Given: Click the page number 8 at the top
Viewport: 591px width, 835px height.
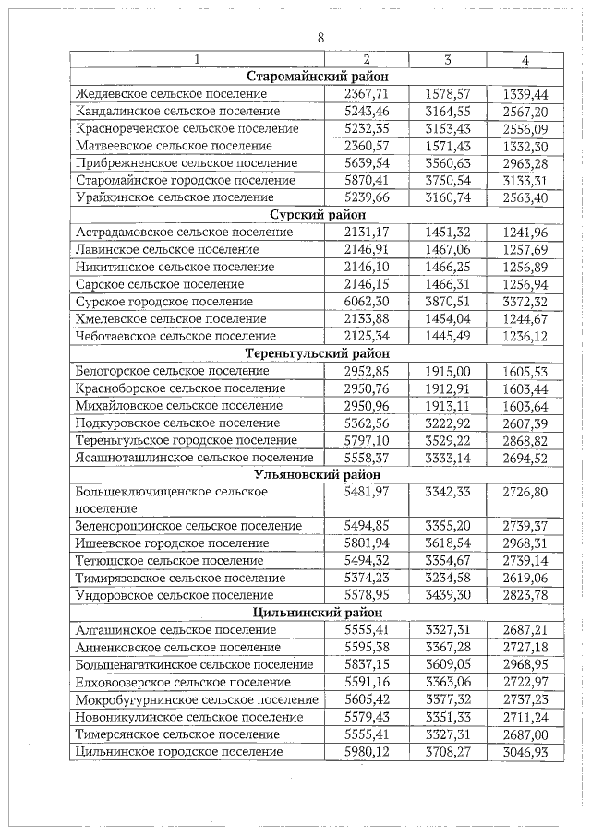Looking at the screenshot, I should [x=320, y=38].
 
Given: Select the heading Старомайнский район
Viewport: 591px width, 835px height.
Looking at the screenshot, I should [x=318, y=77].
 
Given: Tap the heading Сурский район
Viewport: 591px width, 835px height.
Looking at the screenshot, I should [x=318, y=214].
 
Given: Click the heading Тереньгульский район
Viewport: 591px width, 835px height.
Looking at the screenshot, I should [x=318, y=352].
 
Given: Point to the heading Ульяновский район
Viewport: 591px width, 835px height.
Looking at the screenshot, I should [x=318, y=473].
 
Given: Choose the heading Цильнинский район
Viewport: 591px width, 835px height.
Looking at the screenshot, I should [x=318, y=612].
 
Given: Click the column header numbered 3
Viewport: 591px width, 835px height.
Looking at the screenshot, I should [x=447, y=60].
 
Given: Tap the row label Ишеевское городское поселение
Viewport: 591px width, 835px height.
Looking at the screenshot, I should [x=171, y=543].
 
